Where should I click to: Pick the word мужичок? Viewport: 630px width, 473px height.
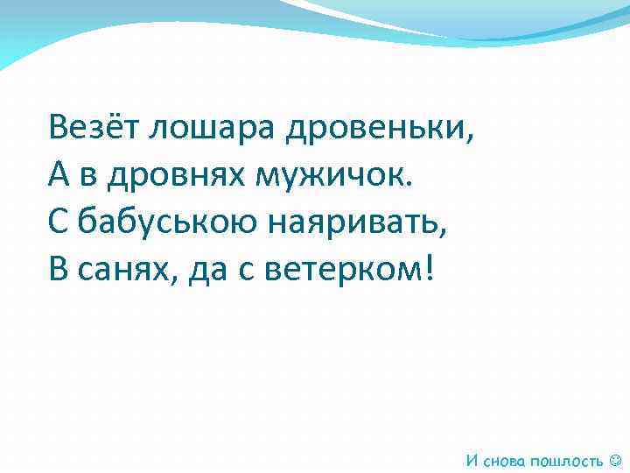(x=328, y=177)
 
